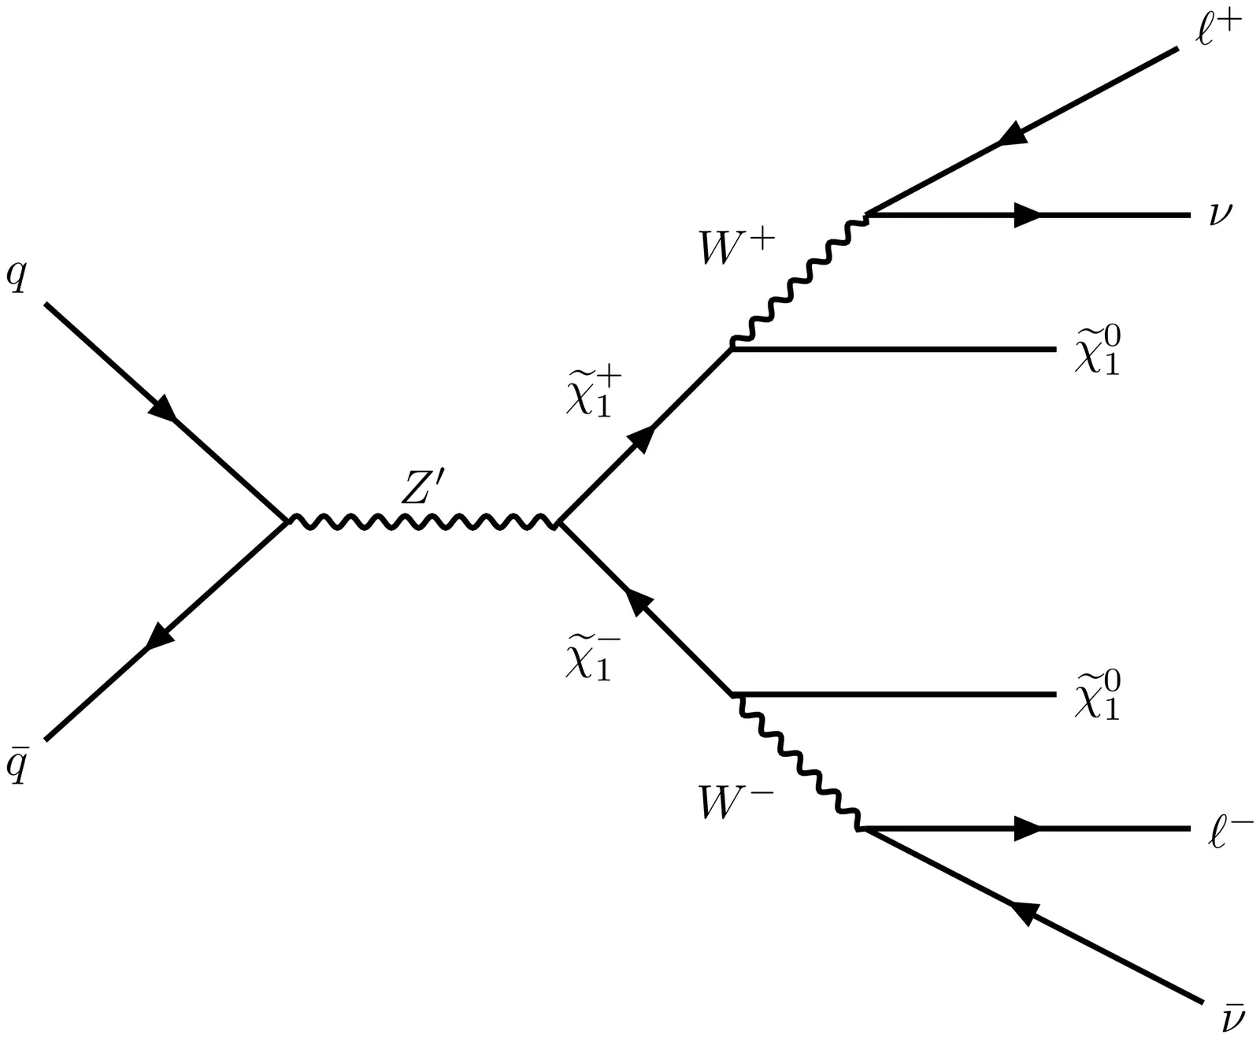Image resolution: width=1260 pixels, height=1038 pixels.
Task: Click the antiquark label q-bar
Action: [x=17, y=765]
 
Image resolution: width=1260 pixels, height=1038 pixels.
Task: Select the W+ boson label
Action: [x=736, y=249]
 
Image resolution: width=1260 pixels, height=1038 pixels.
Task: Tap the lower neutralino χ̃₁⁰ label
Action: [x=1097, y=696]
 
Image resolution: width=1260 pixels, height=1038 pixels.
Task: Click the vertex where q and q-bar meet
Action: [x=287, y=521]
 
